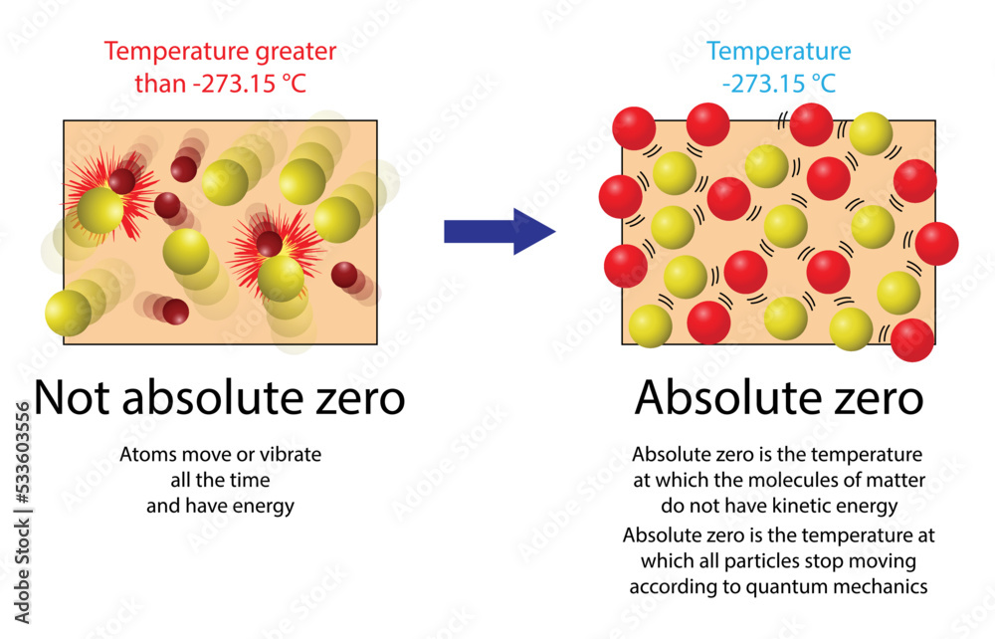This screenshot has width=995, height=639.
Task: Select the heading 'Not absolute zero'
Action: point(220,399)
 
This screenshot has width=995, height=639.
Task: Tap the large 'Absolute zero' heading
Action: point(779,399)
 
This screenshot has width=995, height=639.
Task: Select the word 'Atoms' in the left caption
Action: point(146,455)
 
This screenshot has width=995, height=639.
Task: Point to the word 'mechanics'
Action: point(881,586)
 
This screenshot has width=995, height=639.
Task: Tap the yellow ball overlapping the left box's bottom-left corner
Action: point(69,313)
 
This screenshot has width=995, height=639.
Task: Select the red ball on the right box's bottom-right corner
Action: point(912,340)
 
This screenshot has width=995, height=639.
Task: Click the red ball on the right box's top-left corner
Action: point(634,128)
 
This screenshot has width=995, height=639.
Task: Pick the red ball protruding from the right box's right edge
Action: point(936,244)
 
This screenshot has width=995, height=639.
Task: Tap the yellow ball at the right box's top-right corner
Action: point(871,133)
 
